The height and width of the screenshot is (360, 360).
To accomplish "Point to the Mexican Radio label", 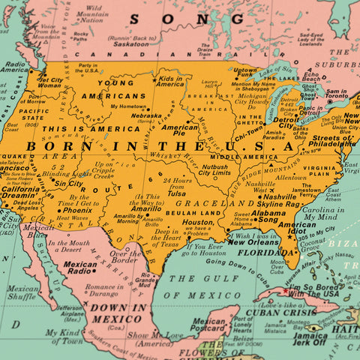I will [80, 268].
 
